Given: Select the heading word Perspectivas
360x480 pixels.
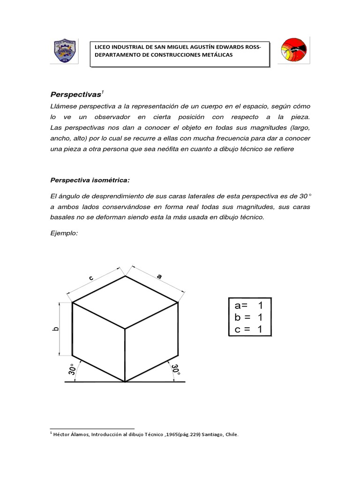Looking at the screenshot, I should click(75, 94).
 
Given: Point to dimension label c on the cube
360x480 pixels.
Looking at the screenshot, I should click(92, 278).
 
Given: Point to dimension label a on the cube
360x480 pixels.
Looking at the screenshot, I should click(159, 277).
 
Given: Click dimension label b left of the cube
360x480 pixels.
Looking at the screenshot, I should click(55, 330).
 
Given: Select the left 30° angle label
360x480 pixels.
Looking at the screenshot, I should click(72, 370).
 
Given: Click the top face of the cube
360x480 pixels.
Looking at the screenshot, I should click(125, 302).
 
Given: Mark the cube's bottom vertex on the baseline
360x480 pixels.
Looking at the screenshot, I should click(125, 382).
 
